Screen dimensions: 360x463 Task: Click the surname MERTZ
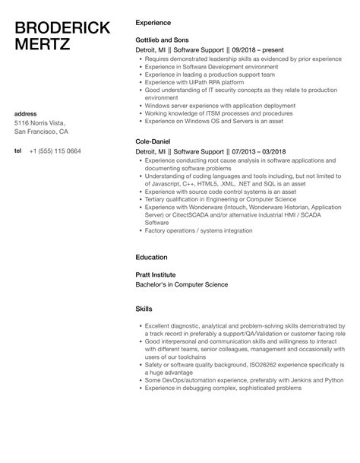[x=44, y=46]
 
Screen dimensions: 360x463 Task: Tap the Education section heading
[x=152, y=257]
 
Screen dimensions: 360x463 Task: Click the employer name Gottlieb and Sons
[x=162, y=39]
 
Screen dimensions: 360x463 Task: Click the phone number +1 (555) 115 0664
[x=55, y=151]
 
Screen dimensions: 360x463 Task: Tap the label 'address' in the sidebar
[x=27, y=114]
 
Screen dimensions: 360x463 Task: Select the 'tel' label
[x=18, y=151]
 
